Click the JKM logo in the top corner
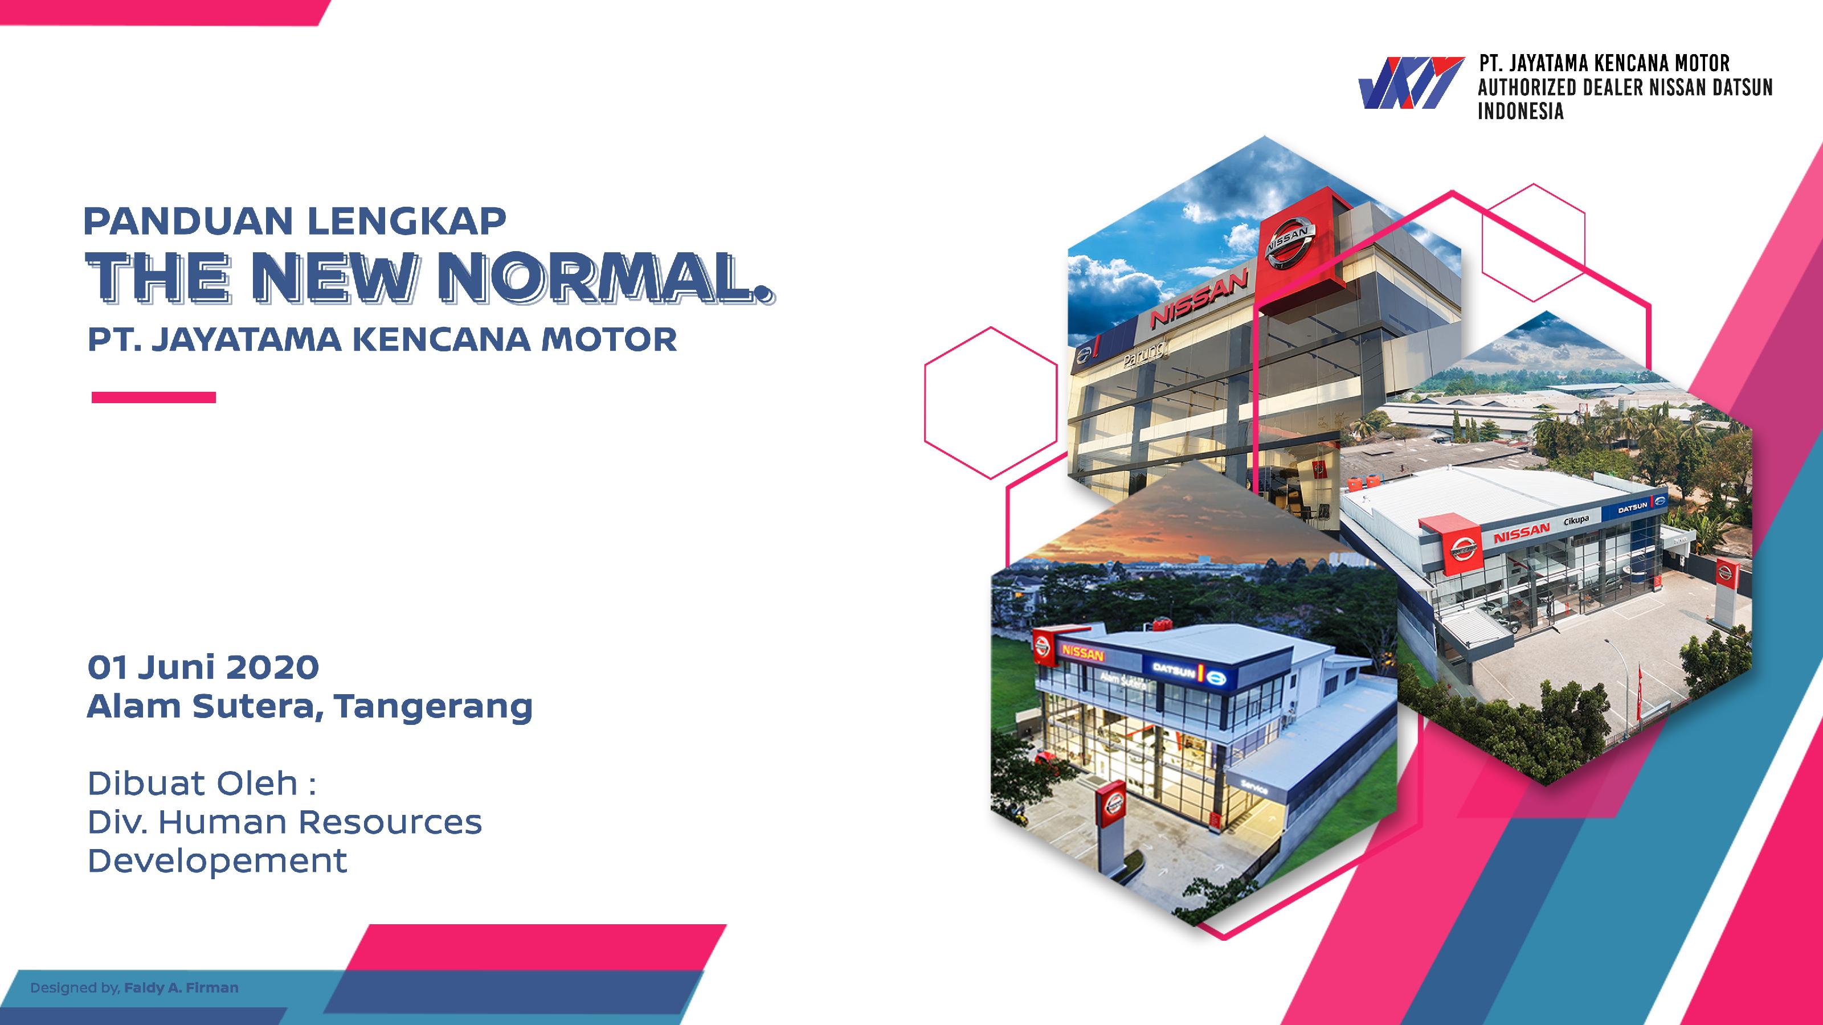coord(1411,84)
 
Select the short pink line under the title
coord(154,397)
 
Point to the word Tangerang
coord(433,707)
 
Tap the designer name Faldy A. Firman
coord(181,987)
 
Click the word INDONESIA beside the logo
coord(1521,111)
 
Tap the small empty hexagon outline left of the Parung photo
coord(991,402)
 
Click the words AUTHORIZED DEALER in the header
coord(1566,87)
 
